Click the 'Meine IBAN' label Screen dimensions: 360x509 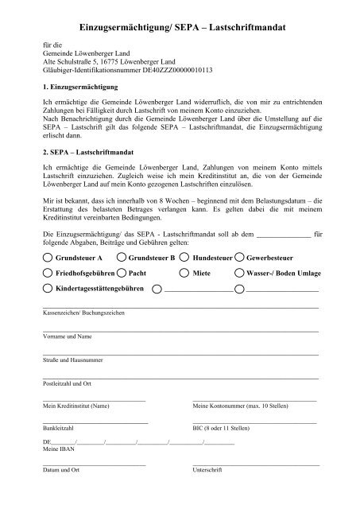point(56,449)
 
